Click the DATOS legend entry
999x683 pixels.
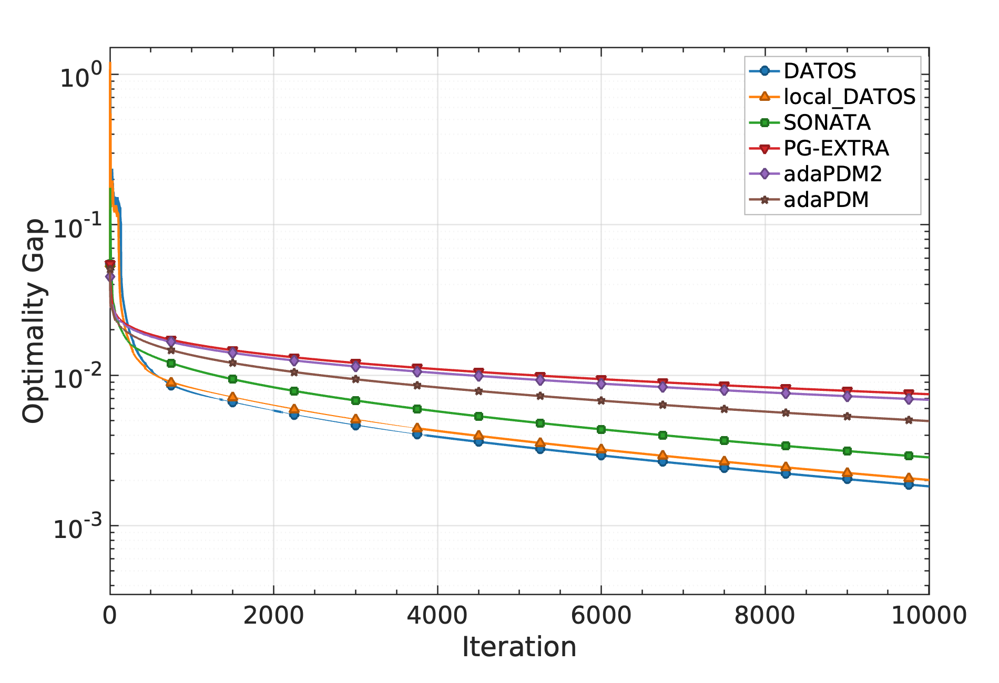point(819,71)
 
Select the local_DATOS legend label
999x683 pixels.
point(849,97)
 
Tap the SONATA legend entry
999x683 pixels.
point(827,122)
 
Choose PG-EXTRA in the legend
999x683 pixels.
point(836,148)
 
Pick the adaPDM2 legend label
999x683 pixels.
point(832,174)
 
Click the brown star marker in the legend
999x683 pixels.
point(765,200)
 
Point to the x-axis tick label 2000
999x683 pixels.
point(273,615)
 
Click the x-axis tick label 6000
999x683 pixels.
point(601,615)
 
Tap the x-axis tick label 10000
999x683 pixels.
point(929,615)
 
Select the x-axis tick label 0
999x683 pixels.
point(109,615)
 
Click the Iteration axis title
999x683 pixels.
point(519,647)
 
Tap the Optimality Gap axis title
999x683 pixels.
point(34,321)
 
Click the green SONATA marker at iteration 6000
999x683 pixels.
point(601,429)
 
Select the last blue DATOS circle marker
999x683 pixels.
point(909,484)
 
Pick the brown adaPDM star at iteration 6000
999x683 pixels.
point(601,400)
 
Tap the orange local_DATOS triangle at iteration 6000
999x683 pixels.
point(601,449)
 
